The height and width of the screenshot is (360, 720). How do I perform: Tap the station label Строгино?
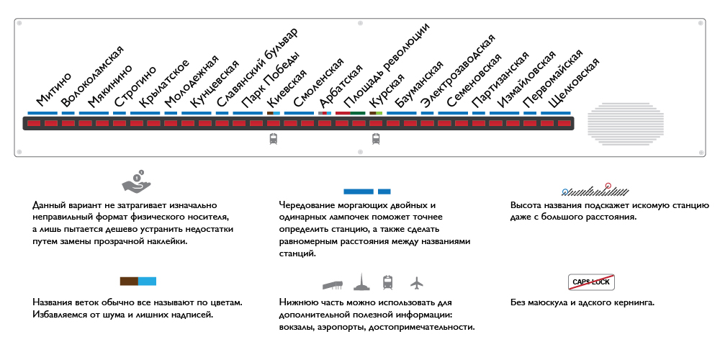tap(135, 86)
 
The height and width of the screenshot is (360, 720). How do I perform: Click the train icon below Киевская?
tap(273, 139)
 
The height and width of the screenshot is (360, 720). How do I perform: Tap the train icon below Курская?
tap(376, 139)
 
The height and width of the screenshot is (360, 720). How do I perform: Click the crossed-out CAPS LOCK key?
tap(591, 282)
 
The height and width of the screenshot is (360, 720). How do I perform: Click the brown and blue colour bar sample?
tap(138, 282)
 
